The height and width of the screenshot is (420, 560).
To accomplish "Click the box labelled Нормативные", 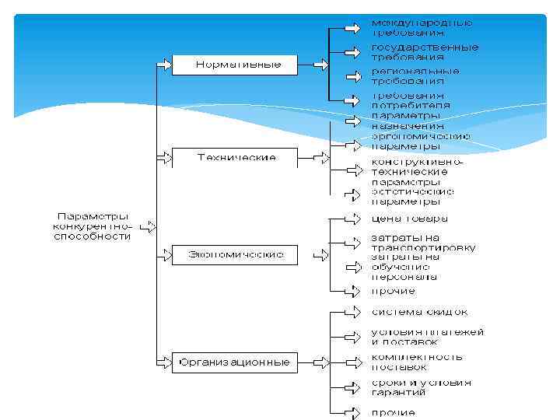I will pos(236,65).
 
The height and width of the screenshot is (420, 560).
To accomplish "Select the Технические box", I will pos(236,158).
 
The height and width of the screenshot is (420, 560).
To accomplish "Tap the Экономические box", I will pos(236,254).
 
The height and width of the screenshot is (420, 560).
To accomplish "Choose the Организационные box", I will pos(236,362).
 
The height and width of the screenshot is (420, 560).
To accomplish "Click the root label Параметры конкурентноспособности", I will pos(92,226).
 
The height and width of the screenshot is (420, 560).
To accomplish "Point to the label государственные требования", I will pos(424,52).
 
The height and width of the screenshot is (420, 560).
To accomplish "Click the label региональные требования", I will pos(415,75).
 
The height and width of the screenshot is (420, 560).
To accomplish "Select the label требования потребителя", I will pos(410,100).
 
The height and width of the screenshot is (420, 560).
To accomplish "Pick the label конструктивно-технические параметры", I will pos(416,172).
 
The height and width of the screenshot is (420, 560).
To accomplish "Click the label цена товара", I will pos(409,219).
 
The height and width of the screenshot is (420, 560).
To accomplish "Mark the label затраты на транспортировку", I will pos(423,242).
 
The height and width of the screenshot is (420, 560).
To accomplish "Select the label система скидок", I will pos(419,313).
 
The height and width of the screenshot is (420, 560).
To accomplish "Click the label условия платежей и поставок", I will pos(427,336).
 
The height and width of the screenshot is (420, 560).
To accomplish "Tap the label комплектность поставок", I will pos(416,362).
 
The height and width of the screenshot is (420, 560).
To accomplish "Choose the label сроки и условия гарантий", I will pos(421,387).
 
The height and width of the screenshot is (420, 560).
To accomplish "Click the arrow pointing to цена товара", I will pos(352,218).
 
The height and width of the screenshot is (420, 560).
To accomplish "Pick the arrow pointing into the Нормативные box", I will pos(163,65).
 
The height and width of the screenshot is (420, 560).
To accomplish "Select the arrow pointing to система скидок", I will pos(352,313).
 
